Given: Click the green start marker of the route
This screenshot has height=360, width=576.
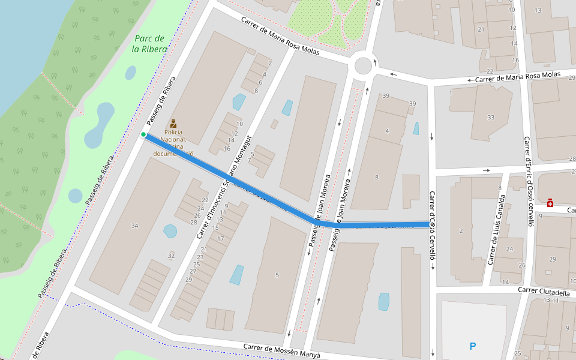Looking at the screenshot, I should [143, 135].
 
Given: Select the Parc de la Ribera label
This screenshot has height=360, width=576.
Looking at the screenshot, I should [149, 44].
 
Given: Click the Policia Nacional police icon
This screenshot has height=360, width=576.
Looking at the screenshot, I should [174, 122].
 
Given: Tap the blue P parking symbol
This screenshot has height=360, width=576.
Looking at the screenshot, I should [473, 346].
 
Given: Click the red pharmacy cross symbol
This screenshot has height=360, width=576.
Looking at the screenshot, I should [550, 204].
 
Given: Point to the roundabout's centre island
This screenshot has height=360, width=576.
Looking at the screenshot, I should [362, 64].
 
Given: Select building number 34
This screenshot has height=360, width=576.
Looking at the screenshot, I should [134, 226].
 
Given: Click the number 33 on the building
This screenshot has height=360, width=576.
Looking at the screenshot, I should [491, 117].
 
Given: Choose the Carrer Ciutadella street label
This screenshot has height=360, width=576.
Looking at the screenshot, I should [544, 292].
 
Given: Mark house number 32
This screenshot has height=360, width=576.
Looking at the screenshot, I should [171, 256].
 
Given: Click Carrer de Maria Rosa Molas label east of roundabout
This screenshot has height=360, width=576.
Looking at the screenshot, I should [517, 77].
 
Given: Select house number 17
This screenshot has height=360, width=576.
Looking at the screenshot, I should [220, 239].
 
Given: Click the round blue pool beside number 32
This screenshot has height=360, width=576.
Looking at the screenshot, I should [170, 231].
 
